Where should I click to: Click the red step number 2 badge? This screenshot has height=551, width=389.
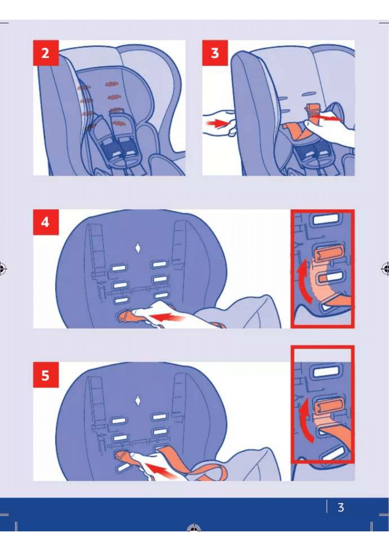click(x=46, y=53)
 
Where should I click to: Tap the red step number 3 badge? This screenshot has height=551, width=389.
click(x=215, y=53)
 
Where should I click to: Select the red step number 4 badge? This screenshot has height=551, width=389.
click(x=46, y=222)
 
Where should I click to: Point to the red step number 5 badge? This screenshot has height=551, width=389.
click(x=46, y=375)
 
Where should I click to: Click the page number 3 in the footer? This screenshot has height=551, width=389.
click(x=341, y=507)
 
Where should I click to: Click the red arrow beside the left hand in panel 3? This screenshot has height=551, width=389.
click(x=216, y=123)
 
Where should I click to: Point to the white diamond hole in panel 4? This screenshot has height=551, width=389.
click(x=138, y=248)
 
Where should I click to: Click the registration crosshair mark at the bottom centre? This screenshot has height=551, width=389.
click(x=194, y=527)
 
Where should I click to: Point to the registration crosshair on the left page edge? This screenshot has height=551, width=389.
click(x=2, y=269)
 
